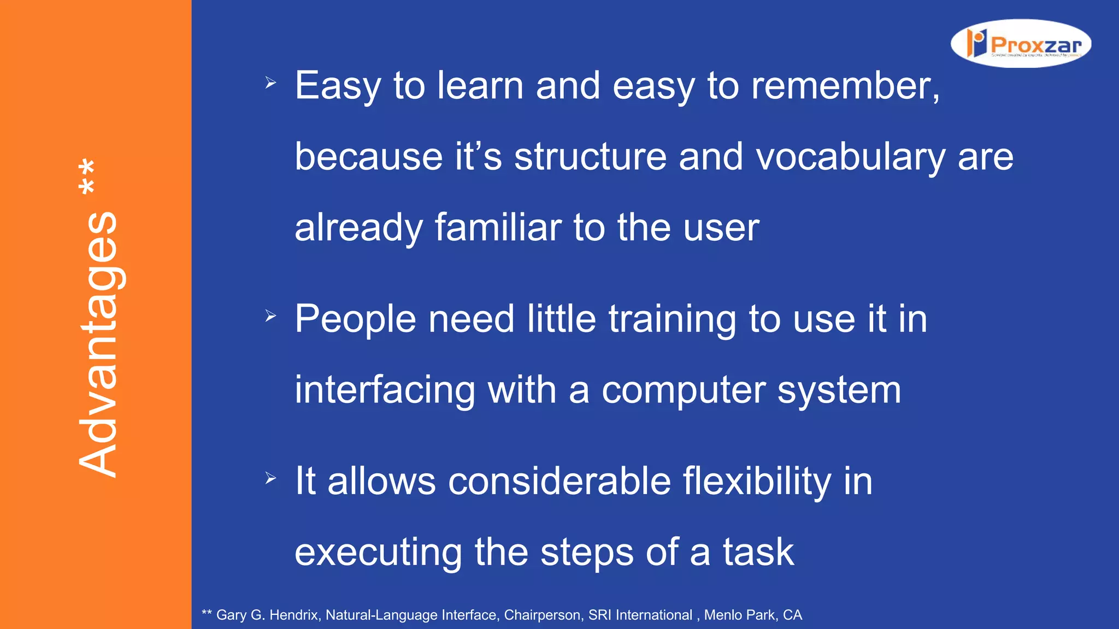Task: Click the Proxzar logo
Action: [x=1021, y=44]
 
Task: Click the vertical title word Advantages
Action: [x=98, y=344]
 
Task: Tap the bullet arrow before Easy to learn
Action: [x=270, y=83]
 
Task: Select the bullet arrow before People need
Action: [x=270, y=316]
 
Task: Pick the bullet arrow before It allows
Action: [x=270, y=478]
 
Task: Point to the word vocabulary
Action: [x=850, y=157]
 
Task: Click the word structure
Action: [x=590, y=157]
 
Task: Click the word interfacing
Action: [x=385, y=391]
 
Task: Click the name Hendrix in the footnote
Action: [x=293, y=615]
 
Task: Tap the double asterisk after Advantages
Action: [x=87, y=176]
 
